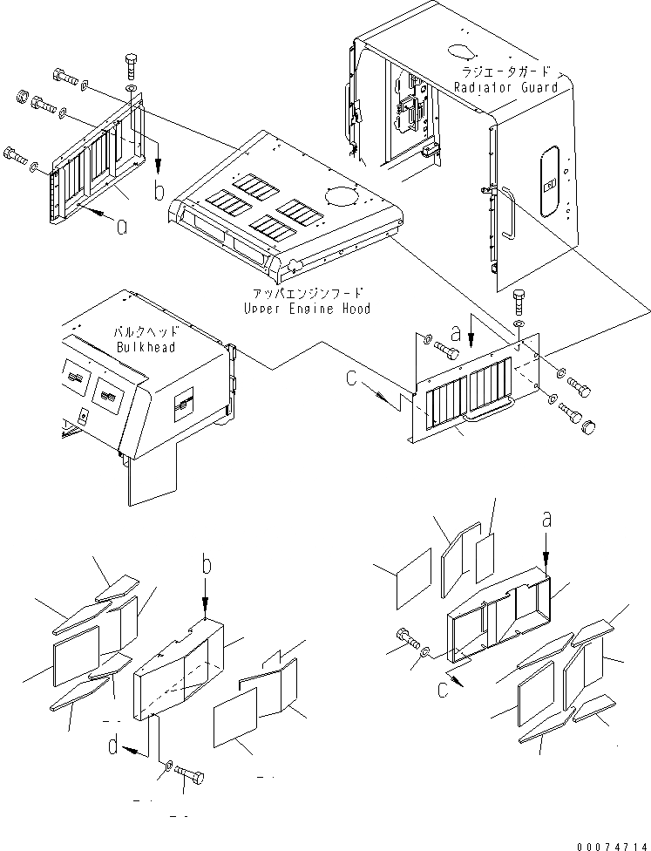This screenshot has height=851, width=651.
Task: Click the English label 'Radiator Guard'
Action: pyautogui.click(x=505, y=87)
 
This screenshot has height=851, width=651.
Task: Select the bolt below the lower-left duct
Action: pyautogui.click(x=188, y=773)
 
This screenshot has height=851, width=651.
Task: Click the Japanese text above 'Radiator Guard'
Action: pyautogui.click(x=505, y=72)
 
